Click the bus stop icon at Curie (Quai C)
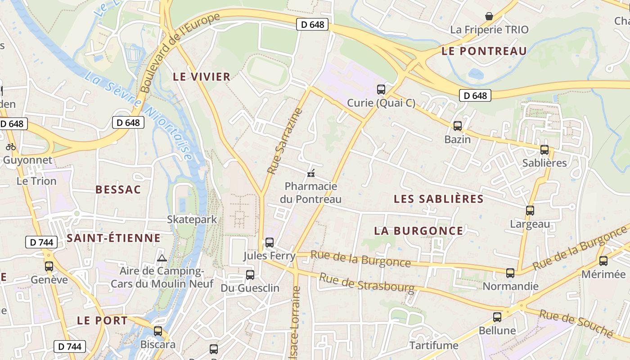tap(381, 89)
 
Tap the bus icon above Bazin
tap(458, 126)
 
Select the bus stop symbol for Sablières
tap(544, 149)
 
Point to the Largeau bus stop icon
tap(530, 210)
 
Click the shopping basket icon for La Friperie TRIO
tap(489, 16)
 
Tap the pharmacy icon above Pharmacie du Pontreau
tap(310, 173)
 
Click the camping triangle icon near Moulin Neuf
tap(162, 258)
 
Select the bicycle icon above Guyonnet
tap(11, 146)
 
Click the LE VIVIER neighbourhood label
tap(202, 77)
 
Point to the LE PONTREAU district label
tap(484, 51)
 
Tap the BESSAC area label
tap(118, 189)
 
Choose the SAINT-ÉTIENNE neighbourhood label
tap(113, 238)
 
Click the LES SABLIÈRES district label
tap(439, 199)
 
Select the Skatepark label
tap(192, 220)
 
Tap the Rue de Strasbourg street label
tap(367, 282)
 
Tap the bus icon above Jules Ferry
tap(270, 243)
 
